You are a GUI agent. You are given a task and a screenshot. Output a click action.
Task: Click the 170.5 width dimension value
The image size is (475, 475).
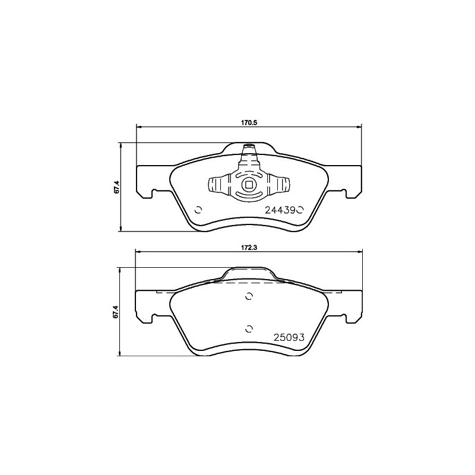click(x=249, y=123)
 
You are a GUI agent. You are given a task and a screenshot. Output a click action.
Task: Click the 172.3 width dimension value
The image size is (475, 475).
click(x=249, y=248)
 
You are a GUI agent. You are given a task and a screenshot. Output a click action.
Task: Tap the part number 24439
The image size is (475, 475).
click(x=280, y=210)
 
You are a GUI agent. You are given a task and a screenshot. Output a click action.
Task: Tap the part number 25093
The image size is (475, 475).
click(x=289, y=337)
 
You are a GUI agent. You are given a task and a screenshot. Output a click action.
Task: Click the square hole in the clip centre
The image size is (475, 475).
click(x=249, y=184)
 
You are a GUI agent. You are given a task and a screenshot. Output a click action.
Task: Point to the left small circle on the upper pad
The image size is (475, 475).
click(x=198, y=210)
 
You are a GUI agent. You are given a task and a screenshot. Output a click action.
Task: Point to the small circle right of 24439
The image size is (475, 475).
click(x=299, y=210)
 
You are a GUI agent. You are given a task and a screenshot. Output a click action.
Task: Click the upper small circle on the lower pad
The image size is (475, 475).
click(x=249, y=296)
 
